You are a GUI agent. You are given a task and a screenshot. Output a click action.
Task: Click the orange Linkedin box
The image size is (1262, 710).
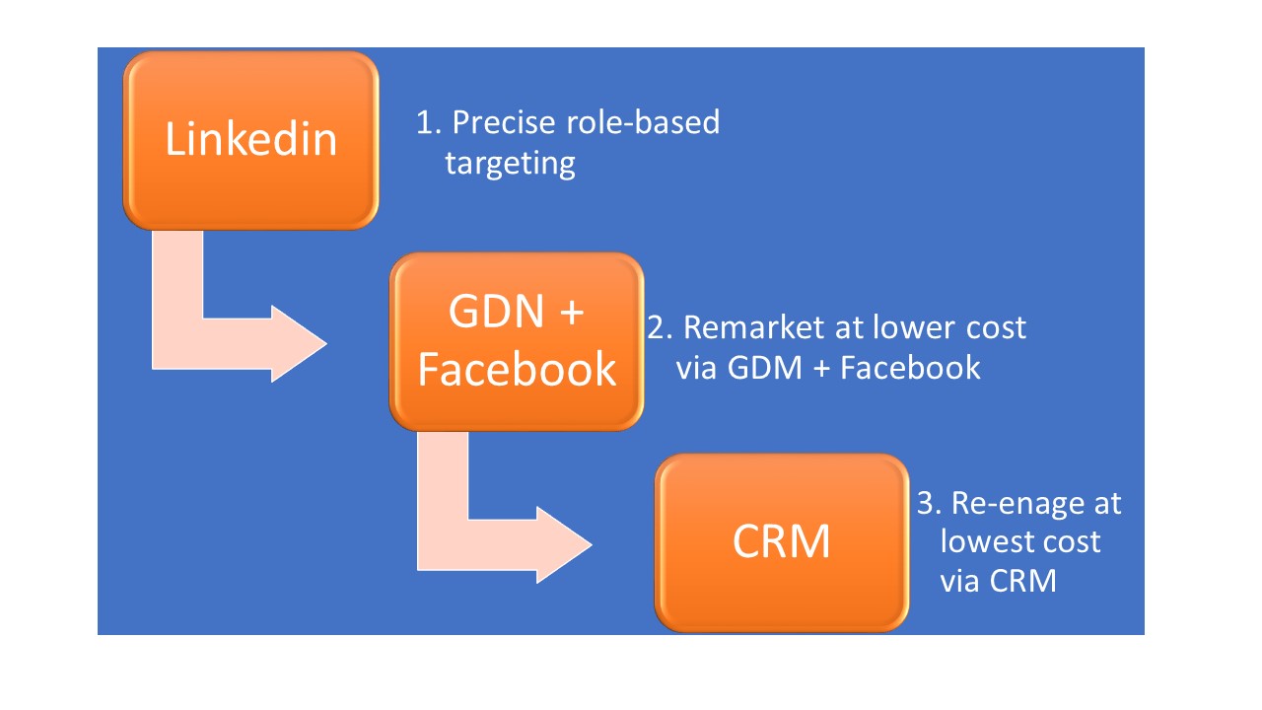(250, 140)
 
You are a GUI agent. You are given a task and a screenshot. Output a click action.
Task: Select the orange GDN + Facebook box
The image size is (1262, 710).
(517, 341)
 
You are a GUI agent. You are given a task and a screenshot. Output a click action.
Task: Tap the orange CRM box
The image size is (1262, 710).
(782, 542)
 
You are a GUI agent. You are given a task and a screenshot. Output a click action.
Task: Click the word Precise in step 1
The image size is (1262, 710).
(504, 122)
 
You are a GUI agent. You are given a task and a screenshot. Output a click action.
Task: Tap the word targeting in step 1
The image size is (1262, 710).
(511, 165)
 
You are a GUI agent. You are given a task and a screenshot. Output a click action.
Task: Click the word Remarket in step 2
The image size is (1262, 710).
(755, 327)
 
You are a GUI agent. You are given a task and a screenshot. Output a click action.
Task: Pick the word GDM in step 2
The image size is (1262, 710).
(764, 368)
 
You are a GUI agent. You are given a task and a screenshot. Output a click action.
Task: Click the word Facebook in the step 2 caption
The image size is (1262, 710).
(910, 368)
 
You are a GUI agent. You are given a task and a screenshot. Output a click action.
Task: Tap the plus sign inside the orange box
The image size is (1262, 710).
(572, 313)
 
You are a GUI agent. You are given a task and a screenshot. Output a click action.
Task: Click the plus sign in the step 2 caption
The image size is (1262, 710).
(822, 369)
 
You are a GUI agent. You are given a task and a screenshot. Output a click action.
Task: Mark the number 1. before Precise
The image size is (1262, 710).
(429, 122)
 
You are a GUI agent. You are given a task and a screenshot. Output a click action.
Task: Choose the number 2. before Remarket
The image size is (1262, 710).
(661, 327)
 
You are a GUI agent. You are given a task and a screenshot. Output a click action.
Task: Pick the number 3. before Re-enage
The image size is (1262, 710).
(930, 503)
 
